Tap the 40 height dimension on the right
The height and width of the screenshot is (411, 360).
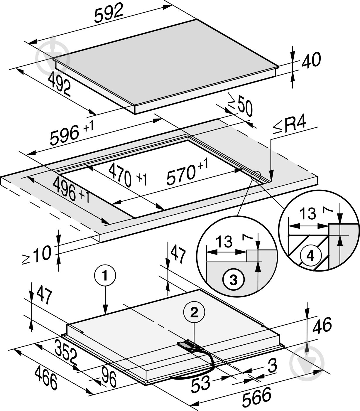[x=311, y=60]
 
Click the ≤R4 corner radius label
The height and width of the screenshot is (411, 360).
[x=290, y=125]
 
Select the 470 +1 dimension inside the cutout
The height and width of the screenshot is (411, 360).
[x=127, y=175]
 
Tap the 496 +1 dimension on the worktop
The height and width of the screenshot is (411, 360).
[x=71, y=189]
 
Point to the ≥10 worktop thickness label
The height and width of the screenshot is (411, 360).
[x=36, y=254]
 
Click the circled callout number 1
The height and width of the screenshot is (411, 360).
[x=105, y=276]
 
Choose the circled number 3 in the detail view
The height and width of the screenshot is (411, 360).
[x=234, y=280]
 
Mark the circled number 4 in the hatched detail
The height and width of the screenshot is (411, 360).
[x=310, y=256]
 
